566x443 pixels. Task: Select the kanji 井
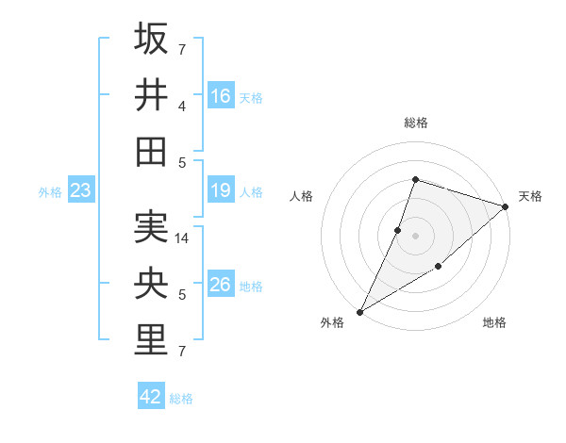[152, 94]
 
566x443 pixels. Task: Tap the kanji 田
[152, 150]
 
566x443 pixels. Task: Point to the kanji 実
[152, 227]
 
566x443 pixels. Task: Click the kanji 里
[152, 338]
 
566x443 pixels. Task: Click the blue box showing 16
[221, 96]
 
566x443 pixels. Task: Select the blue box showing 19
[221, 191]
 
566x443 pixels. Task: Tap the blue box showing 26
[221, 285]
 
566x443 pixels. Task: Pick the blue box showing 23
[81, 191]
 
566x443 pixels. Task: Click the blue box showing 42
[151, 397]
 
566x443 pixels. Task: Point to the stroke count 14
[183, 238]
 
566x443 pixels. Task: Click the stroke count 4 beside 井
[182, 106]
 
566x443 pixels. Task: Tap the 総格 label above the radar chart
[415, 123]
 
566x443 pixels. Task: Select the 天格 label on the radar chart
[530, 196]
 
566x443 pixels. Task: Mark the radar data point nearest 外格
[359, 311]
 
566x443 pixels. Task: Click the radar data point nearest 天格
[506, 206]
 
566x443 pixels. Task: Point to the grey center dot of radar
[415, 235]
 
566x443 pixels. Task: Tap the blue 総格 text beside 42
[181, 399]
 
